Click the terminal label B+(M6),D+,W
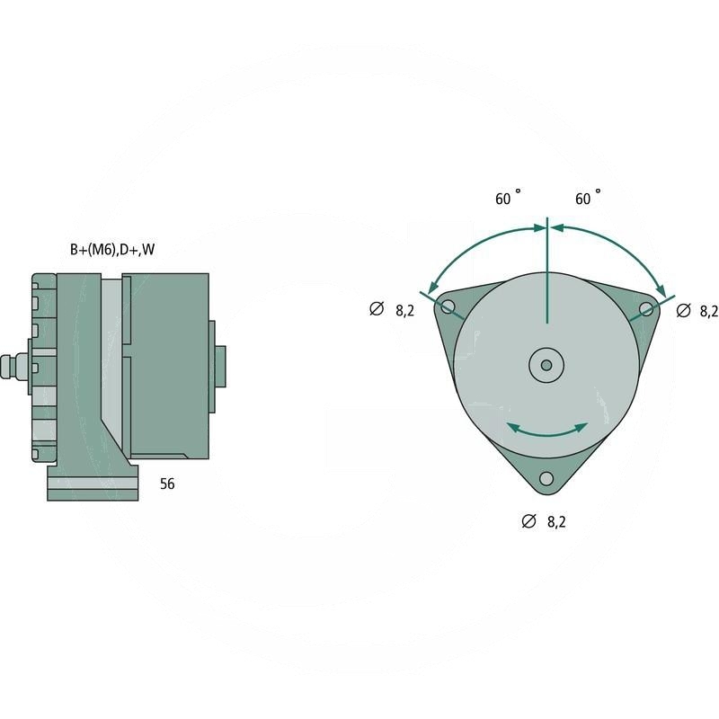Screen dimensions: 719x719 (x=112, y=250)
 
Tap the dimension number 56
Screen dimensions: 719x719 (x=167, y=484)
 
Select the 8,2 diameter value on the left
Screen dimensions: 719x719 (x=404, y=310)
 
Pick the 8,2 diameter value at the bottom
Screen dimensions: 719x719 (x=556, y=521)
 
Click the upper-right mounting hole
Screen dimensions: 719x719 (x=646, y=309)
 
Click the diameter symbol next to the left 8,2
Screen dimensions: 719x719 (x=377, y=310)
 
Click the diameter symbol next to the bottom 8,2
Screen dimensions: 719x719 (x=528, y=521)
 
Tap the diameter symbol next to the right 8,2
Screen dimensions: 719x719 (x=683, y=310)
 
